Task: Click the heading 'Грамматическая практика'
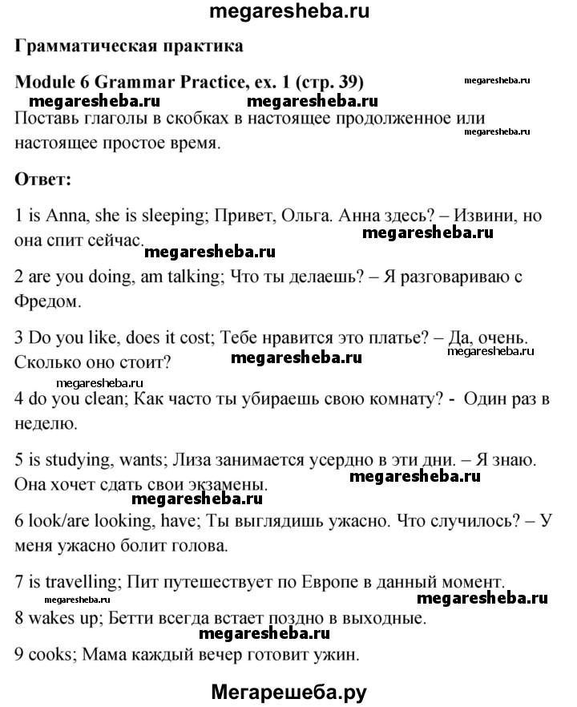(x=129, y=46)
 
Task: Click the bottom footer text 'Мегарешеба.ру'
(x=289, y=691)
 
